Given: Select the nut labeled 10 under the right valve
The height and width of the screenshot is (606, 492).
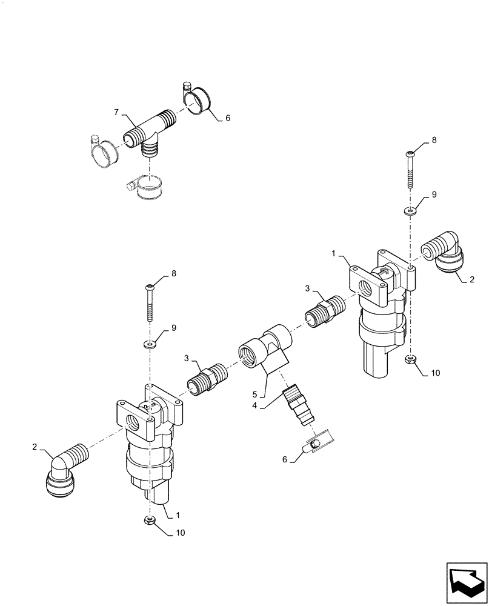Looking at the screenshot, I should [x=410, y=361].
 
